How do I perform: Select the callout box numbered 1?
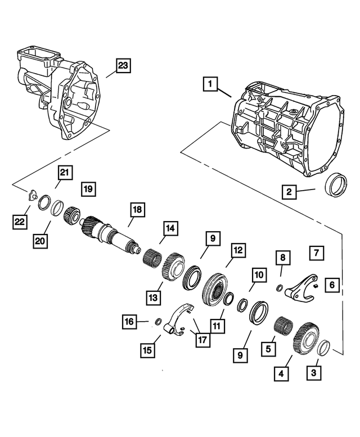[x=209, y=85]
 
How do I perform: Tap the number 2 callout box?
[x=289, y=192]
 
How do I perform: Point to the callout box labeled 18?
[x=137, y=210]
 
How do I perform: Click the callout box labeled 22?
[x=20, y=222]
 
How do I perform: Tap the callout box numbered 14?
[x=169, y=228]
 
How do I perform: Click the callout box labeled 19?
[x=88, y=188]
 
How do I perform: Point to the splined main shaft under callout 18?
[x=110, y=235]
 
